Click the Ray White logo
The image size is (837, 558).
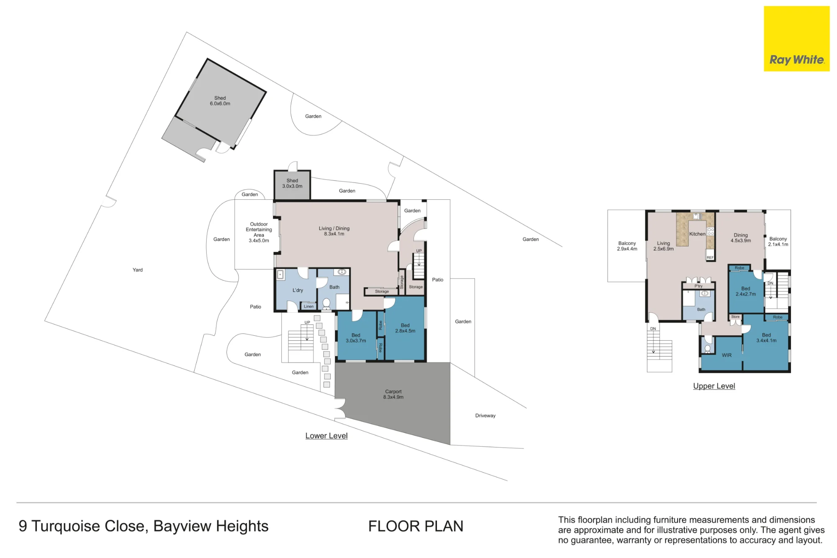point(796,39)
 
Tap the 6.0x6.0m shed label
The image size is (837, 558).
point(220,101)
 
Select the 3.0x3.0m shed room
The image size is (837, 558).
point(292,185)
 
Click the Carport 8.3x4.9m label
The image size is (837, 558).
point(393,394)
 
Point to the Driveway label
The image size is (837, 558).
point(485,416)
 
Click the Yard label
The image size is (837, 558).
point(138,270)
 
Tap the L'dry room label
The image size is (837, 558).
point(298,290)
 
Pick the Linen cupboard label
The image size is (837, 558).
point(308,306)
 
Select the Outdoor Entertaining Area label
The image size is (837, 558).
point(259,232)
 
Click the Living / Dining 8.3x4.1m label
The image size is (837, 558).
point(334,231)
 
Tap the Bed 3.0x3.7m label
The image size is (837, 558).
point(356,338)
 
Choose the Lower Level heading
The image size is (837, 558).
point(326,436)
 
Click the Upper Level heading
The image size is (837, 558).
point(714,386)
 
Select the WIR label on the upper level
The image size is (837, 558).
point(727,355)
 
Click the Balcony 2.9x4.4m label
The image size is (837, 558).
point(627,246)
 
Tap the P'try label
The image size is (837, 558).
point(698,286)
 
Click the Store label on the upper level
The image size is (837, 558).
point(735,317)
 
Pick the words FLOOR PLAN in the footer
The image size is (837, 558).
point(416,526)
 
